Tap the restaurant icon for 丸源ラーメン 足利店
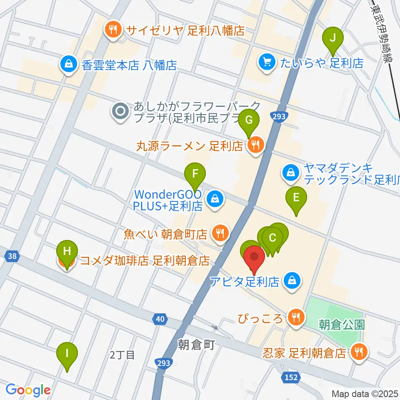click(x=255, y=145)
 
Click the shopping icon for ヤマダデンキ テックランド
click(x=290, y=172)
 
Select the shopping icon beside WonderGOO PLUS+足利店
click(x=215, y=199)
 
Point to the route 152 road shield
click(x=292, y=377)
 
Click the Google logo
click(x=28, y=390)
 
